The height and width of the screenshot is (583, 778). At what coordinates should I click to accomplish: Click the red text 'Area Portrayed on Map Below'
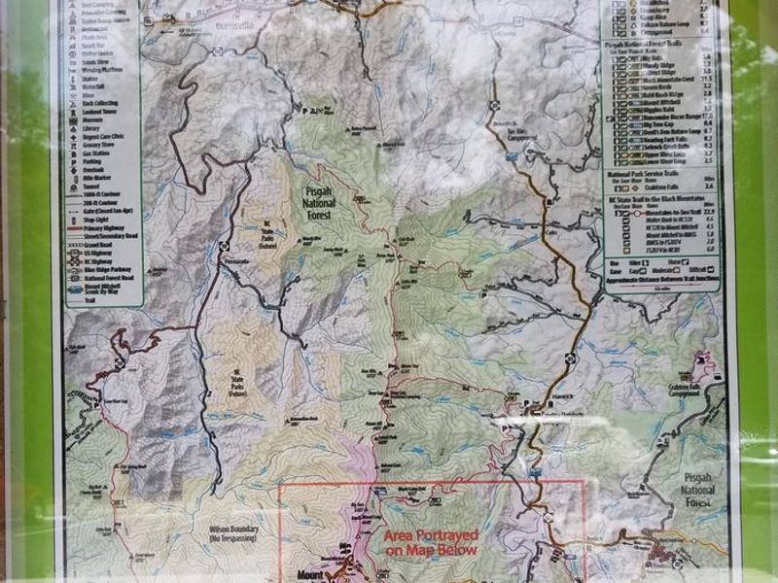pyautogui.click(x=429, y=542)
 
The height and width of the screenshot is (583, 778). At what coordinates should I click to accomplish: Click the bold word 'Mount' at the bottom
pyautogui.click(x=309, y=573)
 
